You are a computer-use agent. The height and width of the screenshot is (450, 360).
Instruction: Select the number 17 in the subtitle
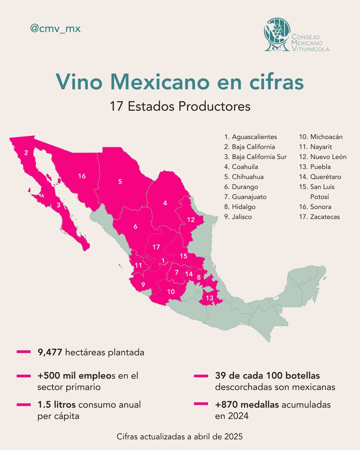point(117,106)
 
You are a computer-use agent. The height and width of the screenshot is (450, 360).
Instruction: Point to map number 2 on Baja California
point(26,153)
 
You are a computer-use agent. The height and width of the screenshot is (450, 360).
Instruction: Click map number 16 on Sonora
point(82,175)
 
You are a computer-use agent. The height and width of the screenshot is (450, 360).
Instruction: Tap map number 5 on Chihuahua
point(120,182)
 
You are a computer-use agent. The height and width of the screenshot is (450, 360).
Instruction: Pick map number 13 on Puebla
point(210,298)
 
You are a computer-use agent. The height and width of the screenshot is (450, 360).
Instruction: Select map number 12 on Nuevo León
point(190,220)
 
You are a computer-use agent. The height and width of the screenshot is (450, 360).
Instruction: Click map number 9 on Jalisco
point(143,284)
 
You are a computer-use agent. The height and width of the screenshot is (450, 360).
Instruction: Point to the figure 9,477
point(49,352)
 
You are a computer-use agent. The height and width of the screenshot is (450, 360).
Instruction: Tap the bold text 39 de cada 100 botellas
point(267,375)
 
